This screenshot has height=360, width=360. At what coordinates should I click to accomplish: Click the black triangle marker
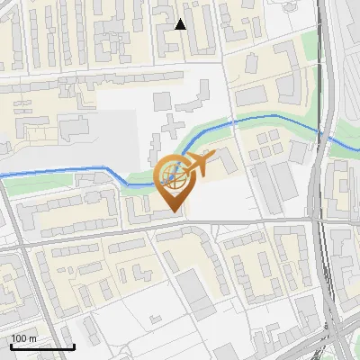180,24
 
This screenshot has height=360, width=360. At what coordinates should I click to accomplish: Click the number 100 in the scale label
19,338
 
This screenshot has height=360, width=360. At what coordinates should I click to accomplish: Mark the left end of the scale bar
10,346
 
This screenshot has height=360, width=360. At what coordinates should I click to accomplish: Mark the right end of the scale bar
74,346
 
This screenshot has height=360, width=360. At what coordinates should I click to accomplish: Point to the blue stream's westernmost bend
108,168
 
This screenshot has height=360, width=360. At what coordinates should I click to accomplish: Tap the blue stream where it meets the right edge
357,149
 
